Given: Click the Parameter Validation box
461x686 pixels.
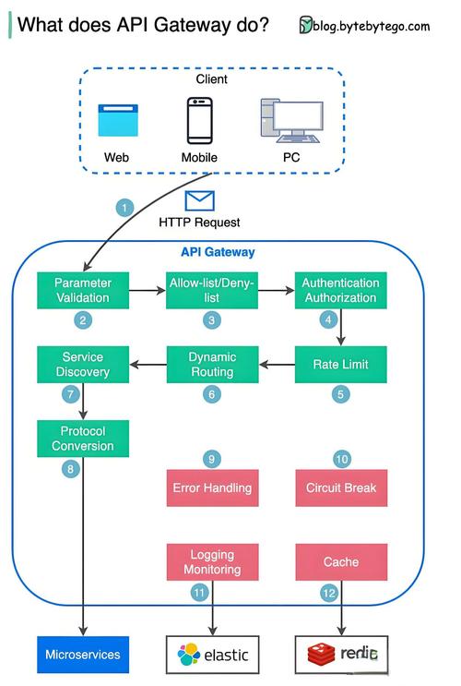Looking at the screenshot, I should coord(83,290).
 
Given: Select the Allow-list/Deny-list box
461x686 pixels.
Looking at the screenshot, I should coord(212,290).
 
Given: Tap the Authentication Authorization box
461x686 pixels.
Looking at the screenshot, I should coord(341,290).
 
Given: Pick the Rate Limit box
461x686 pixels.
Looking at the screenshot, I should coord(341,364).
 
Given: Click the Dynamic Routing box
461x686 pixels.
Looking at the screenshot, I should coord(212,364).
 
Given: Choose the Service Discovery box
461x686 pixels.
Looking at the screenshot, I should coord(83,364).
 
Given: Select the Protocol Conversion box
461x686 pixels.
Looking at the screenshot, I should coord(83,439).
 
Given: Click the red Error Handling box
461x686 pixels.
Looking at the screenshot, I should coord(212,487).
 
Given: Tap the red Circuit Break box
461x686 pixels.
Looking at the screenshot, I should coord(341,487).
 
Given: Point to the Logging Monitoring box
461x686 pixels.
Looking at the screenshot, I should coord(212,561).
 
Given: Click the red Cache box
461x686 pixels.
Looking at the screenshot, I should coord(341,561).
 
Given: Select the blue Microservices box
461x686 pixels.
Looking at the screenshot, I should coord(83,654).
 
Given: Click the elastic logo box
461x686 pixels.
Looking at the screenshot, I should coord(213,654).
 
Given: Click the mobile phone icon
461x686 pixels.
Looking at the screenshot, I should coord(199,120).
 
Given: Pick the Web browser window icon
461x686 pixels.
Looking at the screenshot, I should coord(117,121).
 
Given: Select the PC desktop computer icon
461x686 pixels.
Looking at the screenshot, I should coord(290,121).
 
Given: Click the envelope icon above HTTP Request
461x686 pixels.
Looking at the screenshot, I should coord(199,200).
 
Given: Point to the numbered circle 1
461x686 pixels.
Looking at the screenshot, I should coord(125,207).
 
